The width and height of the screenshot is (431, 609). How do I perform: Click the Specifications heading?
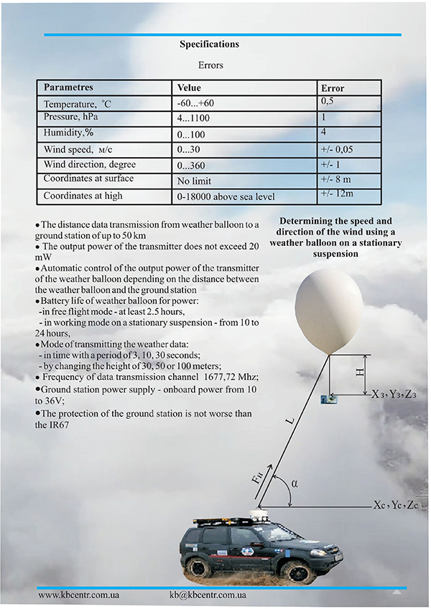(x=209, y=44)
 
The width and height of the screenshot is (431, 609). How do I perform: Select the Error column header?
(x=333, y=88)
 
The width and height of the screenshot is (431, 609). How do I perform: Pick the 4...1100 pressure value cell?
(x=193, y=118)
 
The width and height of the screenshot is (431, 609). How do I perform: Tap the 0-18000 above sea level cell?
(x=226, y=197)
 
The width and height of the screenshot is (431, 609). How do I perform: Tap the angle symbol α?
(x=294, y=483)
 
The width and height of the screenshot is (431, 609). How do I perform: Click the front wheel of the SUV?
(x=295, y=572)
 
